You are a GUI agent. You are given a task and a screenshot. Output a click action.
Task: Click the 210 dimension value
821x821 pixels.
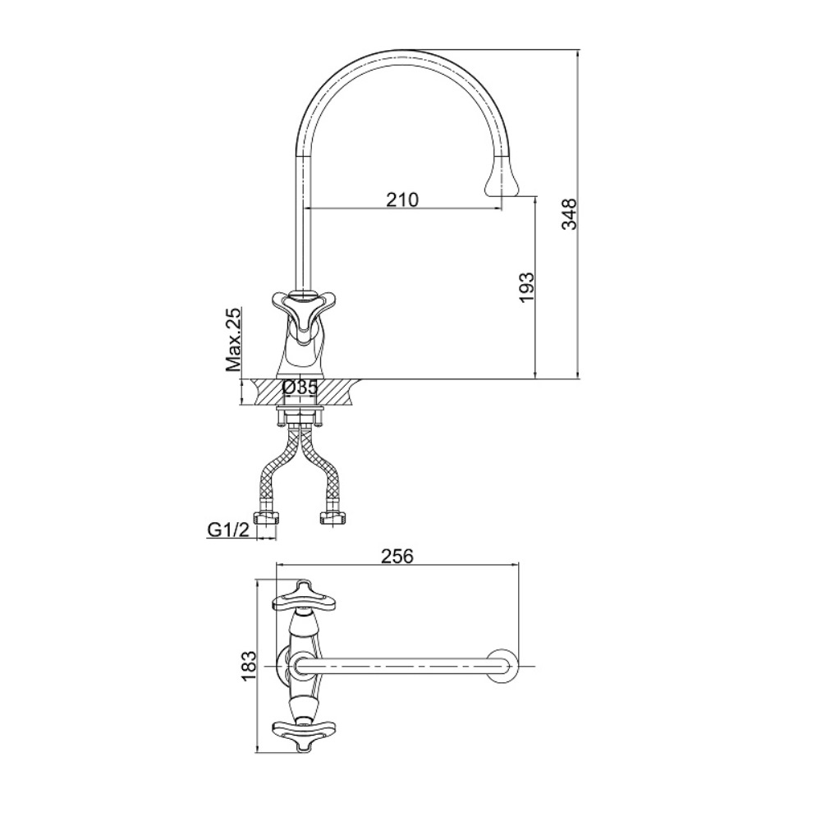pos(402,200)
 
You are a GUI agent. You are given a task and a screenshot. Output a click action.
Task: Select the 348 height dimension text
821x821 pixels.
pos(569,213)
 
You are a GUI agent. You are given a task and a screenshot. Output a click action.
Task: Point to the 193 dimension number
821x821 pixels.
pos(526,287)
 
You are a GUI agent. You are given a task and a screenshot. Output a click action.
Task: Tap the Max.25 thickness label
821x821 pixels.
pos(233,340)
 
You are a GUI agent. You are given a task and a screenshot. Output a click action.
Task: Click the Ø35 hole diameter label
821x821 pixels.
pos(300,388)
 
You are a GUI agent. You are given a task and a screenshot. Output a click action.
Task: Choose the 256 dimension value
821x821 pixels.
pos(397,556)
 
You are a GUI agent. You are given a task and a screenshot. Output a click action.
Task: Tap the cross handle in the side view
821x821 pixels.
pos(299,310)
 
